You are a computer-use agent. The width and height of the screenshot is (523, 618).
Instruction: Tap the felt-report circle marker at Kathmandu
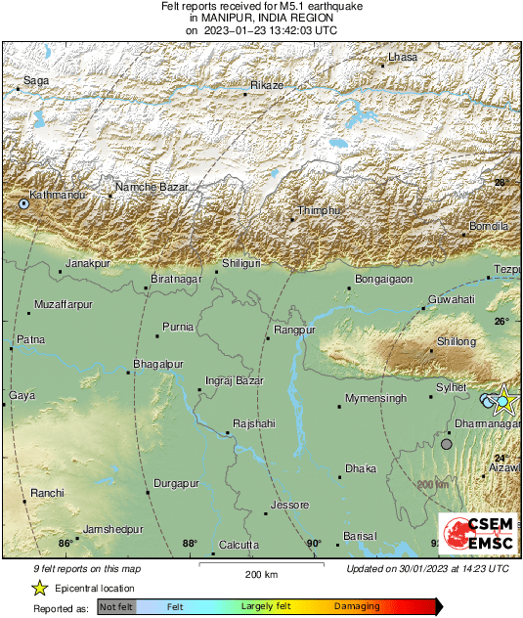(x=23, y=204)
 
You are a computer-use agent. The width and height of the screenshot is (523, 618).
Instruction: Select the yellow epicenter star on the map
(x=504, y=401)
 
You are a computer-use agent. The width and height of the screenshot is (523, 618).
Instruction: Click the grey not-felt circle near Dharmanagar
(x=447, y=444)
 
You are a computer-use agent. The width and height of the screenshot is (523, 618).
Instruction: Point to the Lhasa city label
(x=402, y=58)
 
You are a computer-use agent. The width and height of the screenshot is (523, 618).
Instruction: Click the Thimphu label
(x=318, y=211)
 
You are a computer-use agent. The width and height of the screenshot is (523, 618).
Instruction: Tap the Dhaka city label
(x=360, y=469)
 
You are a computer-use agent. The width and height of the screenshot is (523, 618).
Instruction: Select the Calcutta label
(x=239, y=545)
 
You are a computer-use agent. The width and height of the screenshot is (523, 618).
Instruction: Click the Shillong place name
(x=457, y=342)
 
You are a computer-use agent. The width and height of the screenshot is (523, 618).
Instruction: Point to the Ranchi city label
(x=47, y=493)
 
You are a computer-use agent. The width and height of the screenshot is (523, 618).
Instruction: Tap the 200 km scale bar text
(x=261, y=574)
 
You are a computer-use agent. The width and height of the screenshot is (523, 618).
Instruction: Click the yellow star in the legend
(x=39, y=588)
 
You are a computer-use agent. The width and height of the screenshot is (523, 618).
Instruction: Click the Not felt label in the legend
(x=116, y=606)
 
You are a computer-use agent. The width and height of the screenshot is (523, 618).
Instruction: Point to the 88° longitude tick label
(x=189, y=544)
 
